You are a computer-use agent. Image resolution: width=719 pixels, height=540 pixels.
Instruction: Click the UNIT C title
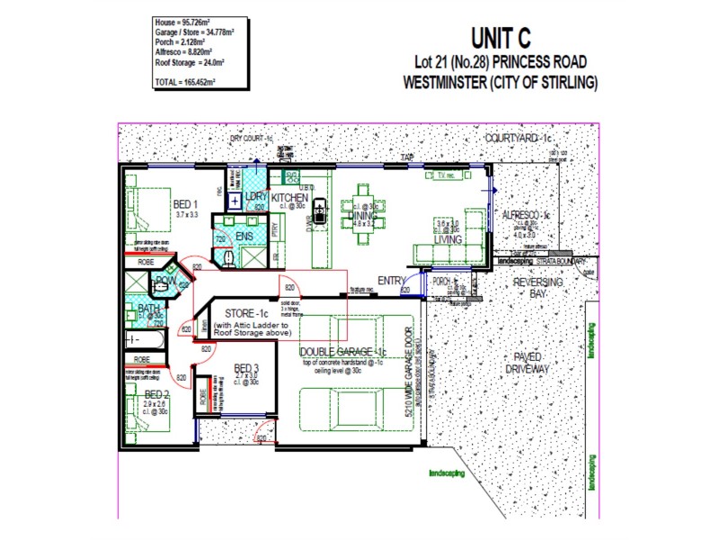pyautogui.click(x=502, y=40)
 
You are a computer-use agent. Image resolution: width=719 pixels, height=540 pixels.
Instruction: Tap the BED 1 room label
pyautogui.click(x=186, y=204)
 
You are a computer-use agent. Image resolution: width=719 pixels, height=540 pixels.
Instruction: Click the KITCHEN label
pyautogui.click(x=290, y=198)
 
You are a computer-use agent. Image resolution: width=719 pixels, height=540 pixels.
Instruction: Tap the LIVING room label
pyautogui.click(x=448, y=240)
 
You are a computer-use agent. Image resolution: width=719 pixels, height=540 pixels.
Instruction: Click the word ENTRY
pyautogui.click(x=392, y=281)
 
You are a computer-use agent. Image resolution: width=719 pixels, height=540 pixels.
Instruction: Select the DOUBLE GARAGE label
pyautogui.click(x=343, y=352)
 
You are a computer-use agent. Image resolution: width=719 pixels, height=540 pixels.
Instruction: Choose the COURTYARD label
pyautogui.click(x=518, y=139)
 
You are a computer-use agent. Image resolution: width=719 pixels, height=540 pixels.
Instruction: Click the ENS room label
pyautogui.click(x=244, y=237)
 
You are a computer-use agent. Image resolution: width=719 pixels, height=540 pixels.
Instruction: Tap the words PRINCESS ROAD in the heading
pyautogui.click(x=537, y=62)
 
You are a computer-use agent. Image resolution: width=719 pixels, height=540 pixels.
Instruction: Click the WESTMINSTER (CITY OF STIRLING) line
pyautogui.click(x=502, y=84)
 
